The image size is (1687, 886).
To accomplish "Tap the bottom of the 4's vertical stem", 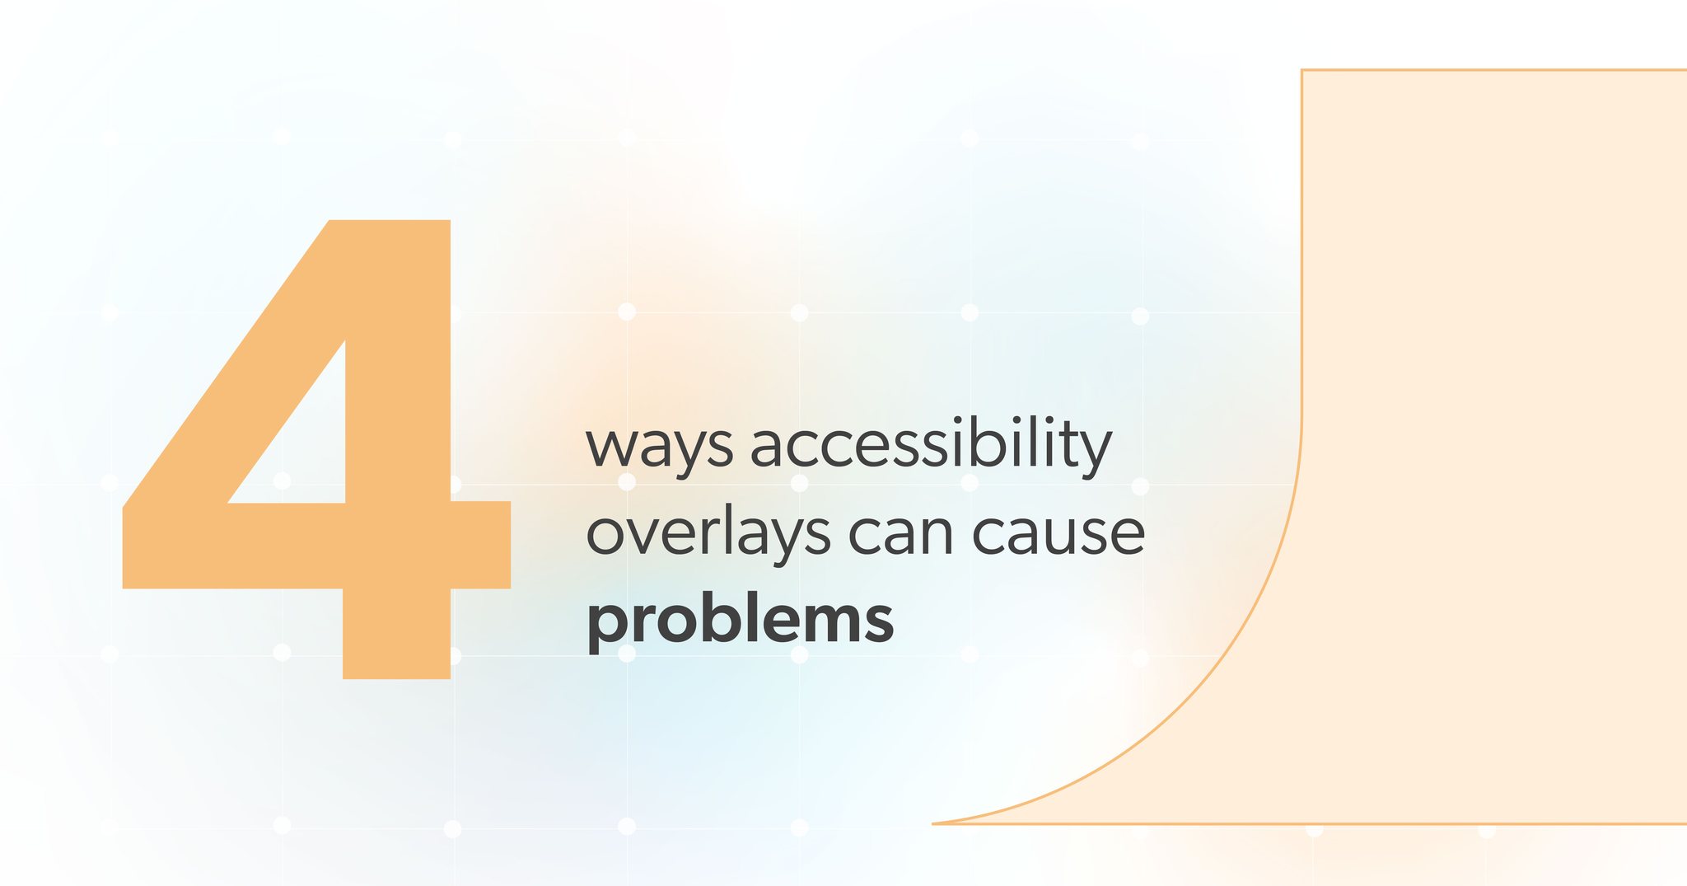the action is pyautogui.click(x=396, y=678).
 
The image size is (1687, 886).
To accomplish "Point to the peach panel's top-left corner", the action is pyautogui.click(x=1301, y=70).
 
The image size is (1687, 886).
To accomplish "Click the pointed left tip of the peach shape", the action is pyautogui.click(x=933, y=823).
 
